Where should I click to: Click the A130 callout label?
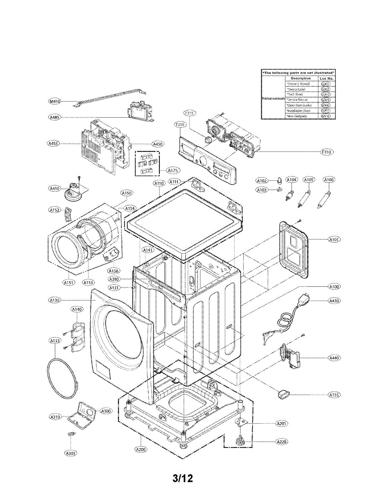point(55,300)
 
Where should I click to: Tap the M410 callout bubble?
point(55,101)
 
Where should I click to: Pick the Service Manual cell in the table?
point(298,100)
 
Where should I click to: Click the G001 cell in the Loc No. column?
point(326,84)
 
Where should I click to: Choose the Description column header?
point(301,78)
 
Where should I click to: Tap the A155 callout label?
point(334,395)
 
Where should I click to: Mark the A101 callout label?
point(334,240)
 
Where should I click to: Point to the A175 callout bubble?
point(173,170)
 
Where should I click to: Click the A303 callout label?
point(71,453)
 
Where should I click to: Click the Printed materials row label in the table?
point(273,99)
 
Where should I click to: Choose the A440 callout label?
point(334,358)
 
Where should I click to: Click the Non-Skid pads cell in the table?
point(297,116)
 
